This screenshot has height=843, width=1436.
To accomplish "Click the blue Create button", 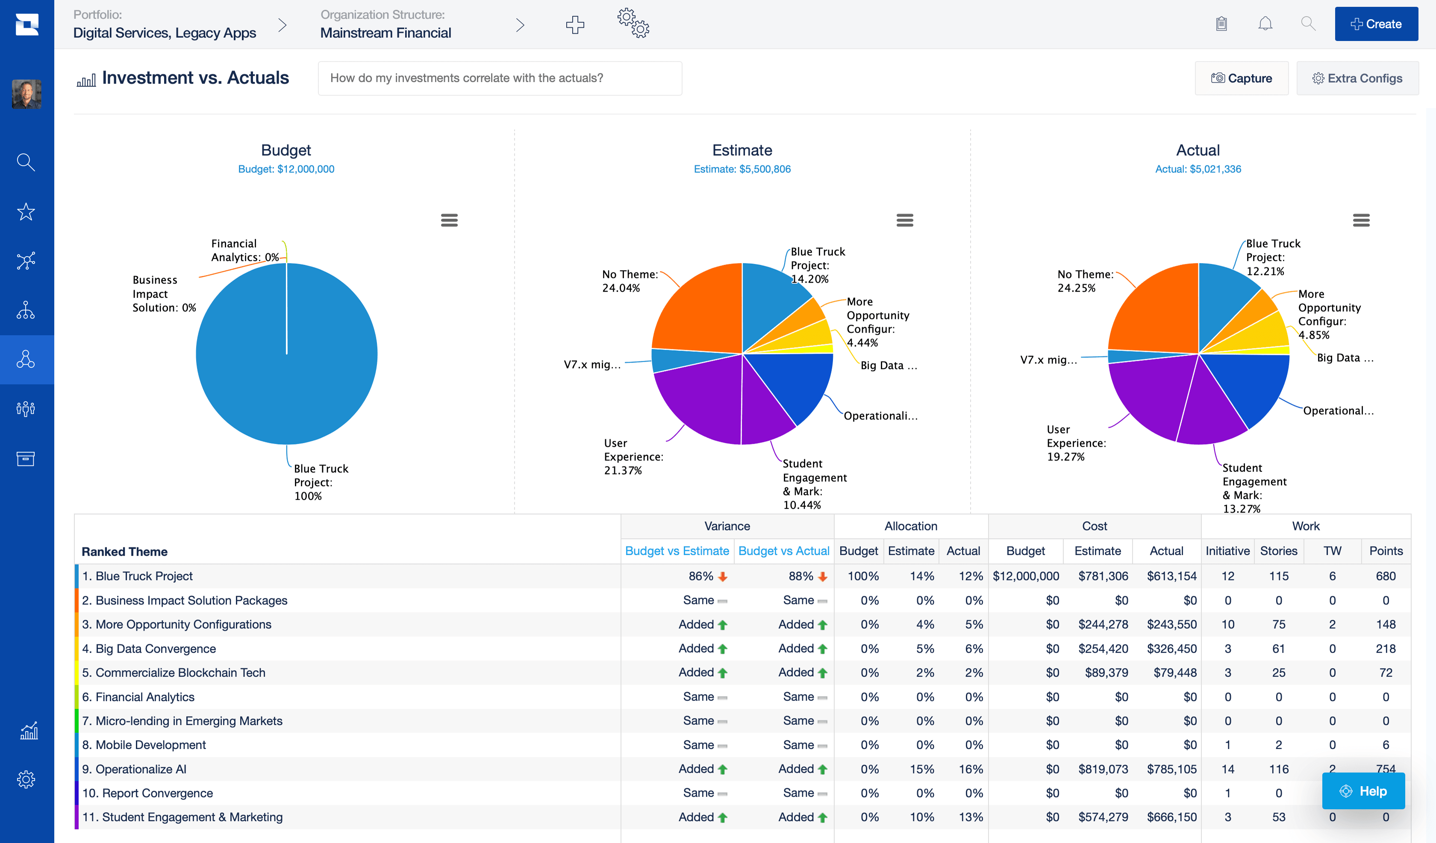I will pos(1376,24).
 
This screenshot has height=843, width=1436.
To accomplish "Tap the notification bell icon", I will pos(1265,24).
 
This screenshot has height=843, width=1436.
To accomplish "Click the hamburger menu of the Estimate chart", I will pos(904,220).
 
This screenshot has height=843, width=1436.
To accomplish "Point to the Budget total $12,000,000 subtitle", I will pos(286,169).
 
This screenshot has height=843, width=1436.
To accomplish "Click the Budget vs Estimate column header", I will pos(677,551).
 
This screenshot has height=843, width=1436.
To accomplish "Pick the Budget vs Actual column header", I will pos(783,551).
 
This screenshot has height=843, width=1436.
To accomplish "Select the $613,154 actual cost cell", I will pos(1171,576).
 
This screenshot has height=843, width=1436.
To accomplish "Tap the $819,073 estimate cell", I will pos(1103,769).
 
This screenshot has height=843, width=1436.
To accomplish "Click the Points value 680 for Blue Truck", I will pos(1385,576).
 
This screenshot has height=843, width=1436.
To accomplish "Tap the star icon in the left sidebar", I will pos(26,212).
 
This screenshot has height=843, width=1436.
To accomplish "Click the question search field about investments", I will pos(500,78).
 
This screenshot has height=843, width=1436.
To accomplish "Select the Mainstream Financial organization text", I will pos(385,33).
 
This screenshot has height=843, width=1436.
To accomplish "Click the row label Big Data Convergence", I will pos(156,649).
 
